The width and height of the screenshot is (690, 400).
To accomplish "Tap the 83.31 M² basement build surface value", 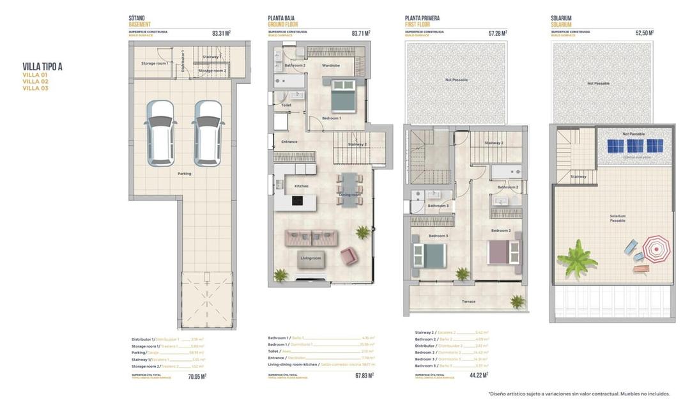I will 221,33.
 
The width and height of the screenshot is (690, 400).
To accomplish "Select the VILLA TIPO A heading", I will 42,66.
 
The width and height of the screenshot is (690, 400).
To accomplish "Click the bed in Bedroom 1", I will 344,96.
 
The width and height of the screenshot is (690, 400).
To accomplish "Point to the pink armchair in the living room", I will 349,256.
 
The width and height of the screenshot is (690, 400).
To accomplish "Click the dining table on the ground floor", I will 349,190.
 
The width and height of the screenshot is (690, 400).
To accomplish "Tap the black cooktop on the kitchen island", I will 297,201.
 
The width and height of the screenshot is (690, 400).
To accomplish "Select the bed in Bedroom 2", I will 503,252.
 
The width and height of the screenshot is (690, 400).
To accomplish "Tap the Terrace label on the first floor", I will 468,302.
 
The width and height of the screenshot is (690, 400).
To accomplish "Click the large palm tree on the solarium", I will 576,259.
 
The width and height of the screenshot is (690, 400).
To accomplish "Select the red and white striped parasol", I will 656,248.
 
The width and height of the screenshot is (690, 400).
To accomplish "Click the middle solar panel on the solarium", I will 634,146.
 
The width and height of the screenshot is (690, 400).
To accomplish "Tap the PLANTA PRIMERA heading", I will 422,19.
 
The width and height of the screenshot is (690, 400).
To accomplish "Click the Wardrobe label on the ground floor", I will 330,65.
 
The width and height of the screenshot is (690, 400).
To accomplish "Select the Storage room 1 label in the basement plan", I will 155,63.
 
